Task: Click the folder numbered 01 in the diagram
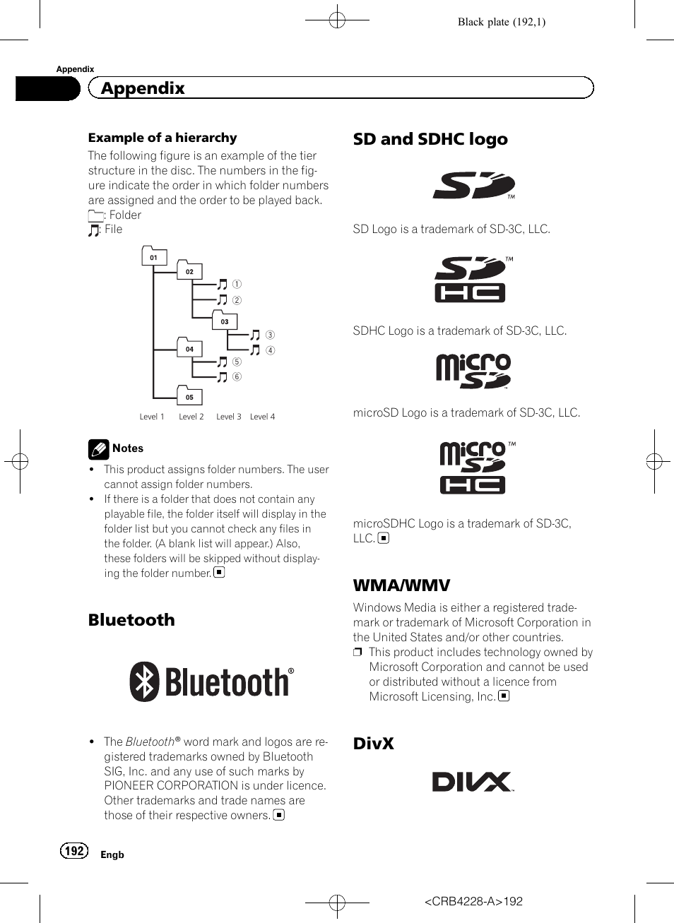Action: tap(154, 256)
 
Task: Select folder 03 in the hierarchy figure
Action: tap(225, 321)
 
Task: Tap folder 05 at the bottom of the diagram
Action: tap(189, 396)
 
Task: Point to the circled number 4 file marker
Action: tap(270, 350)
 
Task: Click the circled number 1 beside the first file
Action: tap(237, 284)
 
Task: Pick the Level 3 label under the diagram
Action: tap(228, 417)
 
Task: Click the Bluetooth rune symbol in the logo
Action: tap(144, 681)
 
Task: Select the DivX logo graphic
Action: tap(472, 781)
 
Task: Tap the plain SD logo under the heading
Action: tap(473, 185)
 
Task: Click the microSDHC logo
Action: tap(473, 467)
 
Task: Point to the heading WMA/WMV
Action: tap(401, 585)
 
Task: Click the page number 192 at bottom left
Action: tap(74, 850)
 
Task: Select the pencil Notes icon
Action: tap(98, 449)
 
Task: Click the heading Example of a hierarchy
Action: tap(162, 138)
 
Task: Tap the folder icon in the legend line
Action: tap(95, 215)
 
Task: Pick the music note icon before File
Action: tap(94, 230)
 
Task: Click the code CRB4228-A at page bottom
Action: tap(463, 901)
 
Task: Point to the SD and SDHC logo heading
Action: tap(430, 139)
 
